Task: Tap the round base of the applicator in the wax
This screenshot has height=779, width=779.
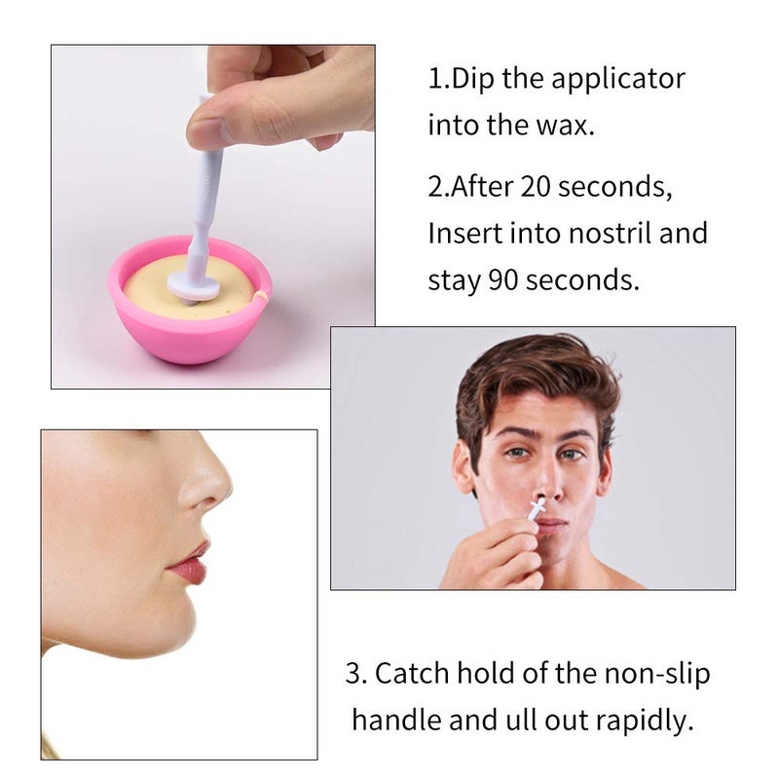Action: [x=196, y=284]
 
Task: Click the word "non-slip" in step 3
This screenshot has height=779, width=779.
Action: [x=663, y=673]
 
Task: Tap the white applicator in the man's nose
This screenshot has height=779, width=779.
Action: [x=537, y=507]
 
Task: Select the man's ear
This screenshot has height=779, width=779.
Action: [x=464, y=465]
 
